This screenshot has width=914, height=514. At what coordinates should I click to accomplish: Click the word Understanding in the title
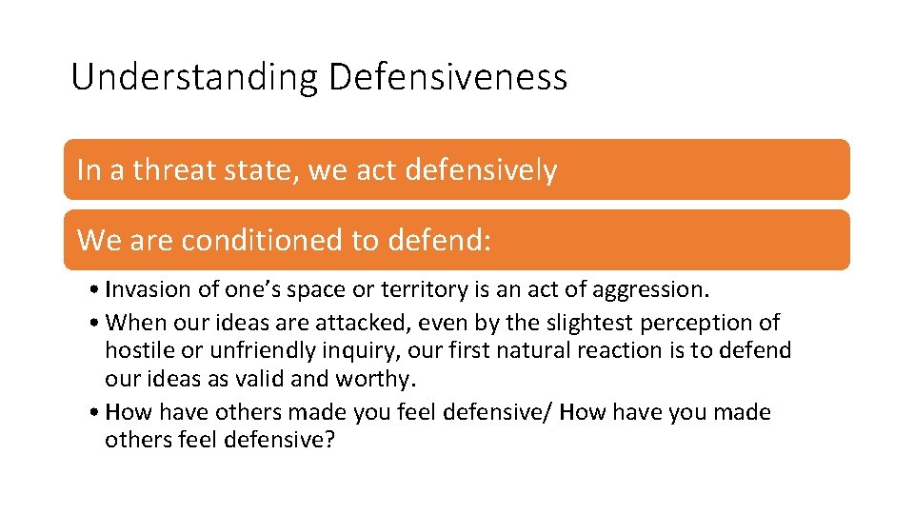pyautogui.click(x=195, y=77)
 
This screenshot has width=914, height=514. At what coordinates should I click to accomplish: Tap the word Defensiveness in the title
pyautogui.click(x=447, y=77)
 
